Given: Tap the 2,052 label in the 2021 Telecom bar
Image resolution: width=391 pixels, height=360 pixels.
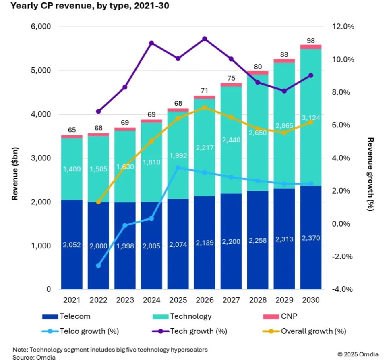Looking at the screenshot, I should point(72,246).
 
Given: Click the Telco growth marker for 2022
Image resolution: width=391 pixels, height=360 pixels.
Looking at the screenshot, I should point(98,266).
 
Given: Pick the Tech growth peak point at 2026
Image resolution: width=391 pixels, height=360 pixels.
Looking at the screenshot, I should point(204,39).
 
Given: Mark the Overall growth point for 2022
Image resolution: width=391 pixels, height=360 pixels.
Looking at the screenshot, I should point(98,202).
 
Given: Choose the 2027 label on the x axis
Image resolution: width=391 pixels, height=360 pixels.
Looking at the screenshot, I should point(231,300).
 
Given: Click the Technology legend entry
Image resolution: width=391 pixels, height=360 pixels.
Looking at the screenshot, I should point(190,316).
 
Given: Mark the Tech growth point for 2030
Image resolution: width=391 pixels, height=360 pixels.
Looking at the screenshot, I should point(311,75).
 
